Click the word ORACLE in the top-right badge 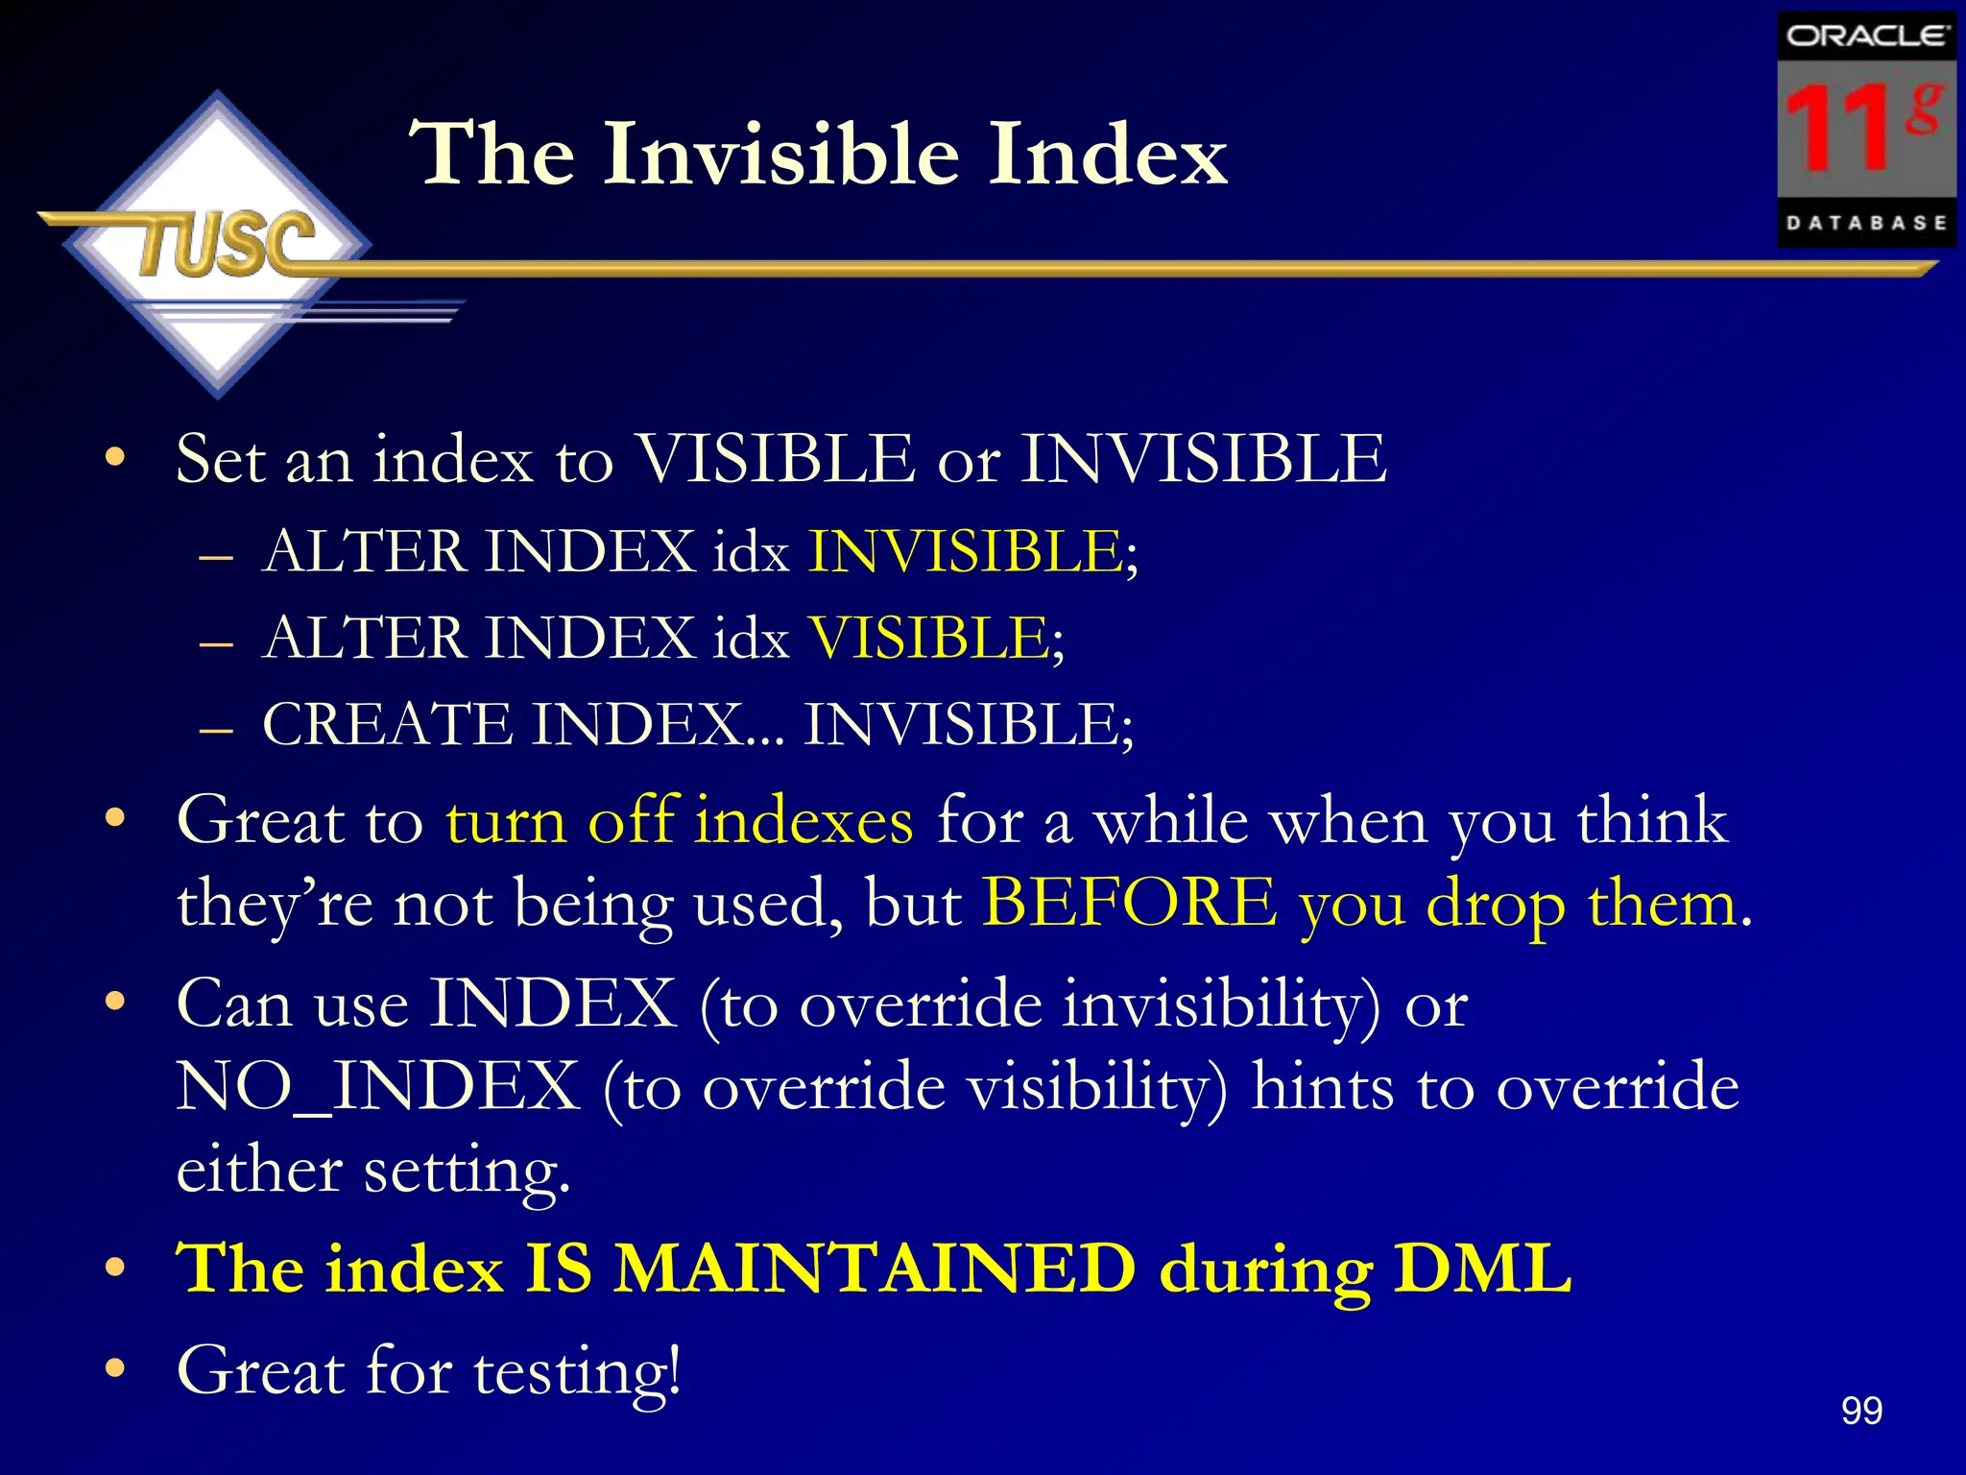1866,36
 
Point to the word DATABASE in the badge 1866,223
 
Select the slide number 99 1861,1411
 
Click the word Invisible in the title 781,154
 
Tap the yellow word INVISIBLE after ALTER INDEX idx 965,552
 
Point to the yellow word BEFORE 1130,904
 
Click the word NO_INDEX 378,1087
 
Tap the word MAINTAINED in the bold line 875,1269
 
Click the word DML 1482,1269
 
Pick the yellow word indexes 803,822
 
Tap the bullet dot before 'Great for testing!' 115,1367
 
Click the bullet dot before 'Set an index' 115,457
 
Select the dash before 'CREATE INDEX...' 217,730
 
